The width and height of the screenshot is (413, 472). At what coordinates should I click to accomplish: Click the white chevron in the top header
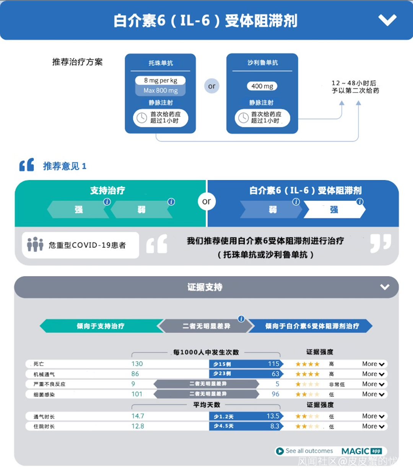point(387,20)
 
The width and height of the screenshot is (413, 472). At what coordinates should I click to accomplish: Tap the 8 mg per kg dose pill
point(160,80)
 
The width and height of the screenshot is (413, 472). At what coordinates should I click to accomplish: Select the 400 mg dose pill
point(262,86)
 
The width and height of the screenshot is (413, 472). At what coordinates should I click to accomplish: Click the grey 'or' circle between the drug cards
point(211,86)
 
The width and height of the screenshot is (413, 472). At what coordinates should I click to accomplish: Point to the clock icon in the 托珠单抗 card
point(141,117)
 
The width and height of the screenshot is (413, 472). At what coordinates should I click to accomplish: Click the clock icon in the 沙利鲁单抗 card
point(243,117)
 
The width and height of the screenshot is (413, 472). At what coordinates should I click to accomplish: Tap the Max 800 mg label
point(160,91)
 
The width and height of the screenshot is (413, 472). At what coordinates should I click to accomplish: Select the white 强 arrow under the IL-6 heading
point(334,210)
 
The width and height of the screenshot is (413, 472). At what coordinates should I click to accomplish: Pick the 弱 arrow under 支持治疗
point(141,210)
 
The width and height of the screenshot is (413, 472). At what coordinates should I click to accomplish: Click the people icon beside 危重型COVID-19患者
point(35,244)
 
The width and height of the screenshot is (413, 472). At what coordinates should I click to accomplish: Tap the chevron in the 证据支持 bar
point(385,287)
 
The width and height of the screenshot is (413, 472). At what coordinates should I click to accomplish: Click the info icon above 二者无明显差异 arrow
point(241,319)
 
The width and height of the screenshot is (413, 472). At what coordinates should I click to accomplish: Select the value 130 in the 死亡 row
point(137,364)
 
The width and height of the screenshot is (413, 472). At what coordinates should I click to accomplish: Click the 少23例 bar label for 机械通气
point(222,374)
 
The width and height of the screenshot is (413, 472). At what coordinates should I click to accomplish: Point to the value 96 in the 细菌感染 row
point(275,394)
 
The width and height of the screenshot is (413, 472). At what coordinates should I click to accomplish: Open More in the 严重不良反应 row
point(373,384)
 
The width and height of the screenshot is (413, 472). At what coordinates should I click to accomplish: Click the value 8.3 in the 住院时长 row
point(275,426)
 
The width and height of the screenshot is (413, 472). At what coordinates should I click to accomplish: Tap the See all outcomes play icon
point(280,451)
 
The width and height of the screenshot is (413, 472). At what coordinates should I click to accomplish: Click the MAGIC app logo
point(361,451)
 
